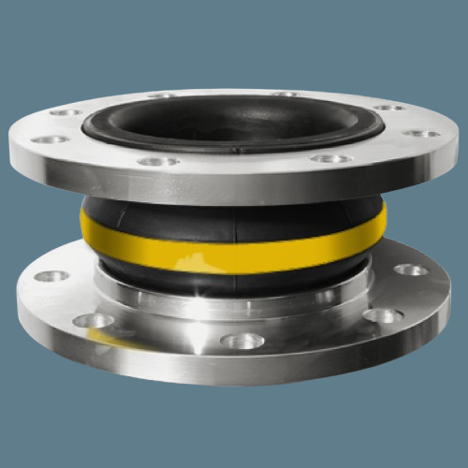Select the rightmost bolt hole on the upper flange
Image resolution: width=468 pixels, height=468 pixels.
(x=421, y=134)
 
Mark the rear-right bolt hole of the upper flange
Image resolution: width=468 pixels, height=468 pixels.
(x=388, y=108)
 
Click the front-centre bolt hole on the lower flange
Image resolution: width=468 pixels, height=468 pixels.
(x=242, y=341)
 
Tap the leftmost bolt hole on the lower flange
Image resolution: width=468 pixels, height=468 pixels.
(x=51, y=276)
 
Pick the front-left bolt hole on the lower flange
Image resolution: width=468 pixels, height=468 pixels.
(x=93, y=320)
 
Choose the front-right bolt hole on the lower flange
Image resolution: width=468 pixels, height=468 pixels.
(x=383, y=315)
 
